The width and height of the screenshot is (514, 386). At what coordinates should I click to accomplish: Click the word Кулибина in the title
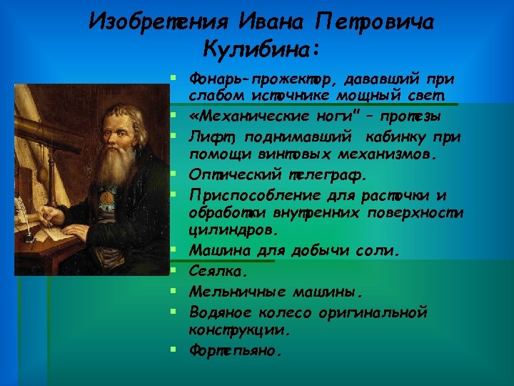click(x=262, y=49)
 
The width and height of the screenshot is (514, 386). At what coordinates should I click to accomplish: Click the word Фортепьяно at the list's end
click(x=236, y=351)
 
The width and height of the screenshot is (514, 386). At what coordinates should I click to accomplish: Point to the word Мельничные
click(x=231, y=292)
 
